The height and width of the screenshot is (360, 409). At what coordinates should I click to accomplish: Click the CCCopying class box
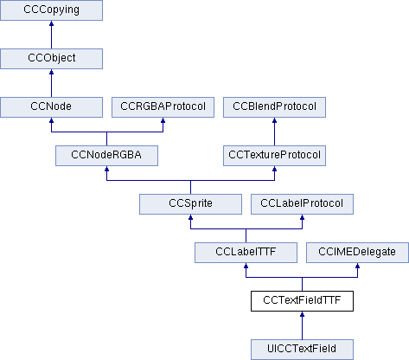pyautogui.click(x=52, y=11)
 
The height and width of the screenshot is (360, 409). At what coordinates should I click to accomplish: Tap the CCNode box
pyautogui.click(x=52, y=107)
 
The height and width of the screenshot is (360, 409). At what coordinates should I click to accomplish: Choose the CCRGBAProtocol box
pyautogui.click(x=163, y=107)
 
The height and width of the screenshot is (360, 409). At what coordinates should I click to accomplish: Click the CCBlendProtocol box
pyautogui.click(x=275, y=107)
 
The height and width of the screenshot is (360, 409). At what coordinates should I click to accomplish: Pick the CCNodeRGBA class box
pyautogui.click(x=106, y=156)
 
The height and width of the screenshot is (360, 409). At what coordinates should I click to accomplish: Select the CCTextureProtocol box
pyautogui.click(x=275, y=156)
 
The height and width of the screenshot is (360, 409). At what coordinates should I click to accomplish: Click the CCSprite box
pyautogui.click(x=190, y=204)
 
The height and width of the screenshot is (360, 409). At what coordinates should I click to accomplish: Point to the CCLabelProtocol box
pyautogui.click(x=302, y=204)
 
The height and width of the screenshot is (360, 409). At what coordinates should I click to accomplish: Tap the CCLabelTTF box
pyautogui.click(x=246, y=253)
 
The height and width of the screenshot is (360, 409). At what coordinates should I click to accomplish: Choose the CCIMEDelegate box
pyautogui.click(x=357, y=253)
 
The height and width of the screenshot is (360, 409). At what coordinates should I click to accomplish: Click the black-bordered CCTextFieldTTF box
pyautogui.click(x=302, y=301)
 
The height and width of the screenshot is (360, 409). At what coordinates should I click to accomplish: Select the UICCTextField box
pyautogui.click(x=302, y=349)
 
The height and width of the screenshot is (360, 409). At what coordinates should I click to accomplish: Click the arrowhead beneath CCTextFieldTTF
pyautogui.click(x=302, y=317)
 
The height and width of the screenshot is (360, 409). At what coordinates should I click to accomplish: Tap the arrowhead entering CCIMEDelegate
pyautogui.click(x=357, y=268)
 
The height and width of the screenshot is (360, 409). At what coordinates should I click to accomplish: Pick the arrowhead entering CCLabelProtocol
pyautogui.click(x=302, y=220)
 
